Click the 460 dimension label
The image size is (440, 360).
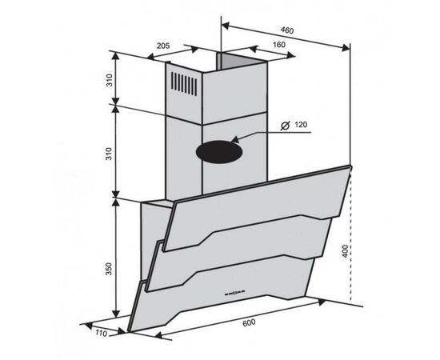(x=286, y=30)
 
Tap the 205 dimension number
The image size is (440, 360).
(x=163, y=46)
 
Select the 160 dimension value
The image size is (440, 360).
(x=278, y=45)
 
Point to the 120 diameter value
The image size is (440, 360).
(x=301, y=124)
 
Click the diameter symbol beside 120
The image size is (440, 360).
(x=285, y=126)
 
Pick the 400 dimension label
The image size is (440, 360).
(x=346, y=251)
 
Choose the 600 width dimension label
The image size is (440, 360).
(x=249, y=323)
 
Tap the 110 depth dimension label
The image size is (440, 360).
(x=101, y=333)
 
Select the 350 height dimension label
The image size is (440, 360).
(x=109, y=269)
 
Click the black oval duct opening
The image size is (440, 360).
(x=219, y=152)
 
